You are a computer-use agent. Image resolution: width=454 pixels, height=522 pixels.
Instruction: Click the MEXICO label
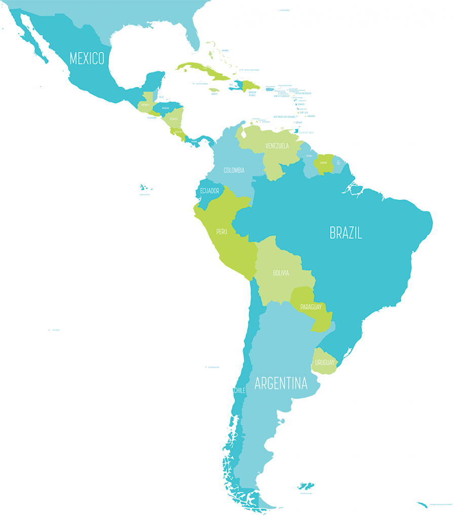87,58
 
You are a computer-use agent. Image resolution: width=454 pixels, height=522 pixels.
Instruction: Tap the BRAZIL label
346,233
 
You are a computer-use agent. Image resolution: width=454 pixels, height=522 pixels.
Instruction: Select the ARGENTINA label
281,383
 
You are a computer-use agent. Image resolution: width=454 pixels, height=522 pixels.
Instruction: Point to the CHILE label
239,390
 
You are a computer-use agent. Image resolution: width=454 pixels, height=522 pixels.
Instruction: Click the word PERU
222,232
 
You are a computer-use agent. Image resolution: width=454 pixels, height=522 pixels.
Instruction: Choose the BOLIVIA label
281,273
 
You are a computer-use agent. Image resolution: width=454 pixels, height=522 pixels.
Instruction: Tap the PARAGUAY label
311,307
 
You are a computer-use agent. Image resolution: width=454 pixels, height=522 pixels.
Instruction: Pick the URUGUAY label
324,362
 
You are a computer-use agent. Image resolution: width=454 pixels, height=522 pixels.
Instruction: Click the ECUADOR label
209,191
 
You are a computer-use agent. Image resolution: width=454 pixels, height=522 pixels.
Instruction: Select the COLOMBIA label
234,170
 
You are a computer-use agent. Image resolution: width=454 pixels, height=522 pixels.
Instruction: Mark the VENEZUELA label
277,146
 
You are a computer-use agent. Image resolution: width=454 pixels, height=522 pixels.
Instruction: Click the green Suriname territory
324,164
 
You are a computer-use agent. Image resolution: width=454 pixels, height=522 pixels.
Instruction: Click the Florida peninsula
193,35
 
